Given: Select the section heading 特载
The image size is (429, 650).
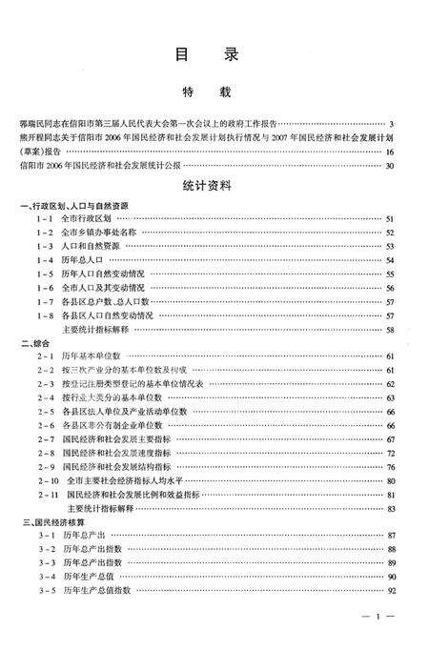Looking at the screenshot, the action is click(213, 94).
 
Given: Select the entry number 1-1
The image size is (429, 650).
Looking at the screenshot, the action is click(44, 219).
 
